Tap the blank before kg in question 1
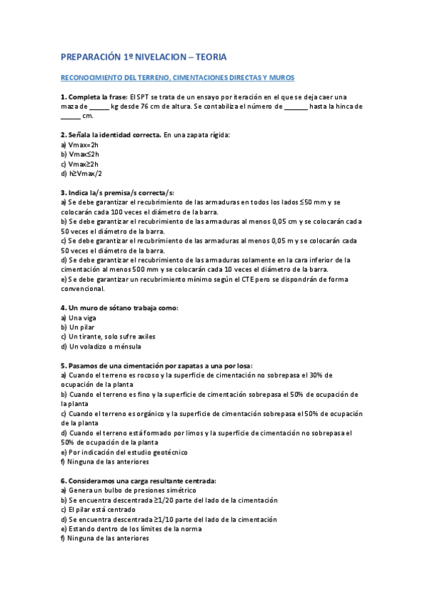coord(100,106)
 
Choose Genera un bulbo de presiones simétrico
coord(128,491)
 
